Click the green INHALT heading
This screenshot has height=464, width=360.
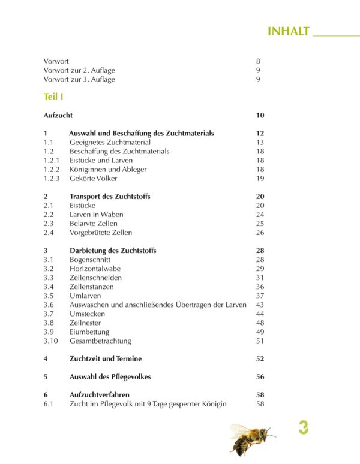click(x=288, y=31)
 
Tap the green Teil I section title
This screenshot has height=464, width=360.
click(x=54, y=96)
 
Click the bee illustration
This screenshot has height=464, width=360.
click(x=251, y=438)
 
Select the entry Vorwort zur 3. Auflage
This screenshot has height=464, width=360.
click(x=79, y=79)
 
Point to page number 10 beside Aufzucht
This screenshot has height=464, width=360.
click(x=260, y=115)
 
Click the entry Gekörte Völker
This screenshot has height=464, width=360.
click(x=94, y=179)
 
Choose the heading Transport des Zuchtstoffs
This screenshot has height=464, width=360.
click(x=110, y=197)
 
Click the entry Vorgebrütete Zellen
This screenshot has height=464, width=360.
click(x=101, y=233)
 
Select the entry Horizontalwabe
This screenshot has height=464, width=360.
click(x=95, y=269)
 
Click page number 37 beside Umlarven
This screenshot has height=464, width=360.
click(x=260, y=296)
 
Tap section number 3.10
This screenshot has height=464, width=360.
click(x=51, y=341)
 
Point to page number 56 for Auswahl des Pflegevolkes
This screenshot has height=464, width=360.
click(x=260, y=377)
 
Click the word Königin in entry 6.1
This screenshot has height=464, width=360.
click(x=212, y=404)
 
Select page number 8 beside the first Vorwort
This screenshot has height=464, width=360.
click(x=258, y=61)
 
